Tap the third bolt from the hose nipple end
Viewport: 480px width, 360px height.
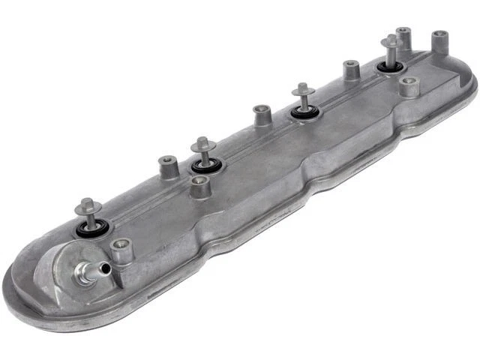pos(303,94)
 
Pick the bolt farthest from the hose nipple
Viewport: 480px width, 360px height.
pos(390,46)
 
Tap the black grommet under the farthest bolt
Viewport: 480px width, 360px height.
pos(389,68)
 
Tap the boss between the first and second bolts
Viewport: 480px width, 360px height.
pos(168,166)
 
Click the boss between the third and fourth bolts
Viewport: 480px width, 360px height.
pos(351,70)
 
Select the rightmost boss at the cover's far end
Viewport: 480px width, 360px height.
pos(440,39)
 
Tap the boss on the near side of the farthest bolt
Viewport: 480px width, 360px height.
pos(409,87)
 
